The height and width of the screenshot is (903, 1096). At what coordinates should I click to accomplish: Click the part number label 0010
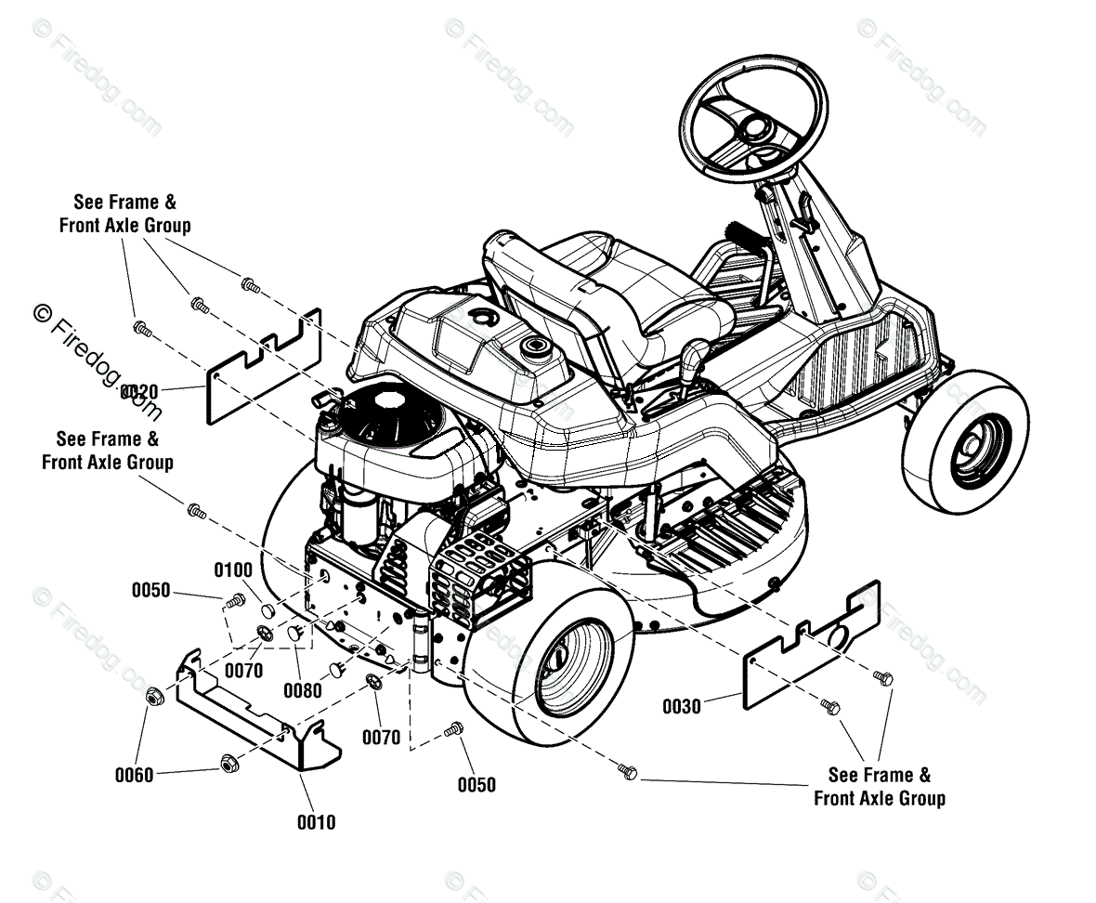[x=316, y=822]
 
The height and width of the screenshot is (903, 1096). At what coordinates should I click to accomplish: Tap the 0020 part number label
[x=140, y=391]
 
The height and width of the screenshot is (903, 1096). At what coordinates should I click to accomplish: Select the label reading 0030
[x=682, y=707]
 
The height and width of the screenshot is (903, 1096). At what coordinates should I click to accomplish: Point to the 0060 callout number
[x=134, y=775]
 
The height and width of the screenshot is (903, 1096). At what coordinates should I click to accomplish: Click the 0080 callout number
[x=304, y=690]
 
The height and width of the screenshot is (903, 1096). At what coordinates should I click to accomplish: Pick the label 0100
[x=233, y=569]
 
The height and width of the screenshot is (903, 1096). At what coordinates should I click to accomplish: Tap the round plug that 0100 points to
[x=268, y=610]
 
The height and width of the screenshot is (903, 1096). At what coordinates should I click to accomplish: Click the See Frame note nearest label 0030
[x=879, y=786]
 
